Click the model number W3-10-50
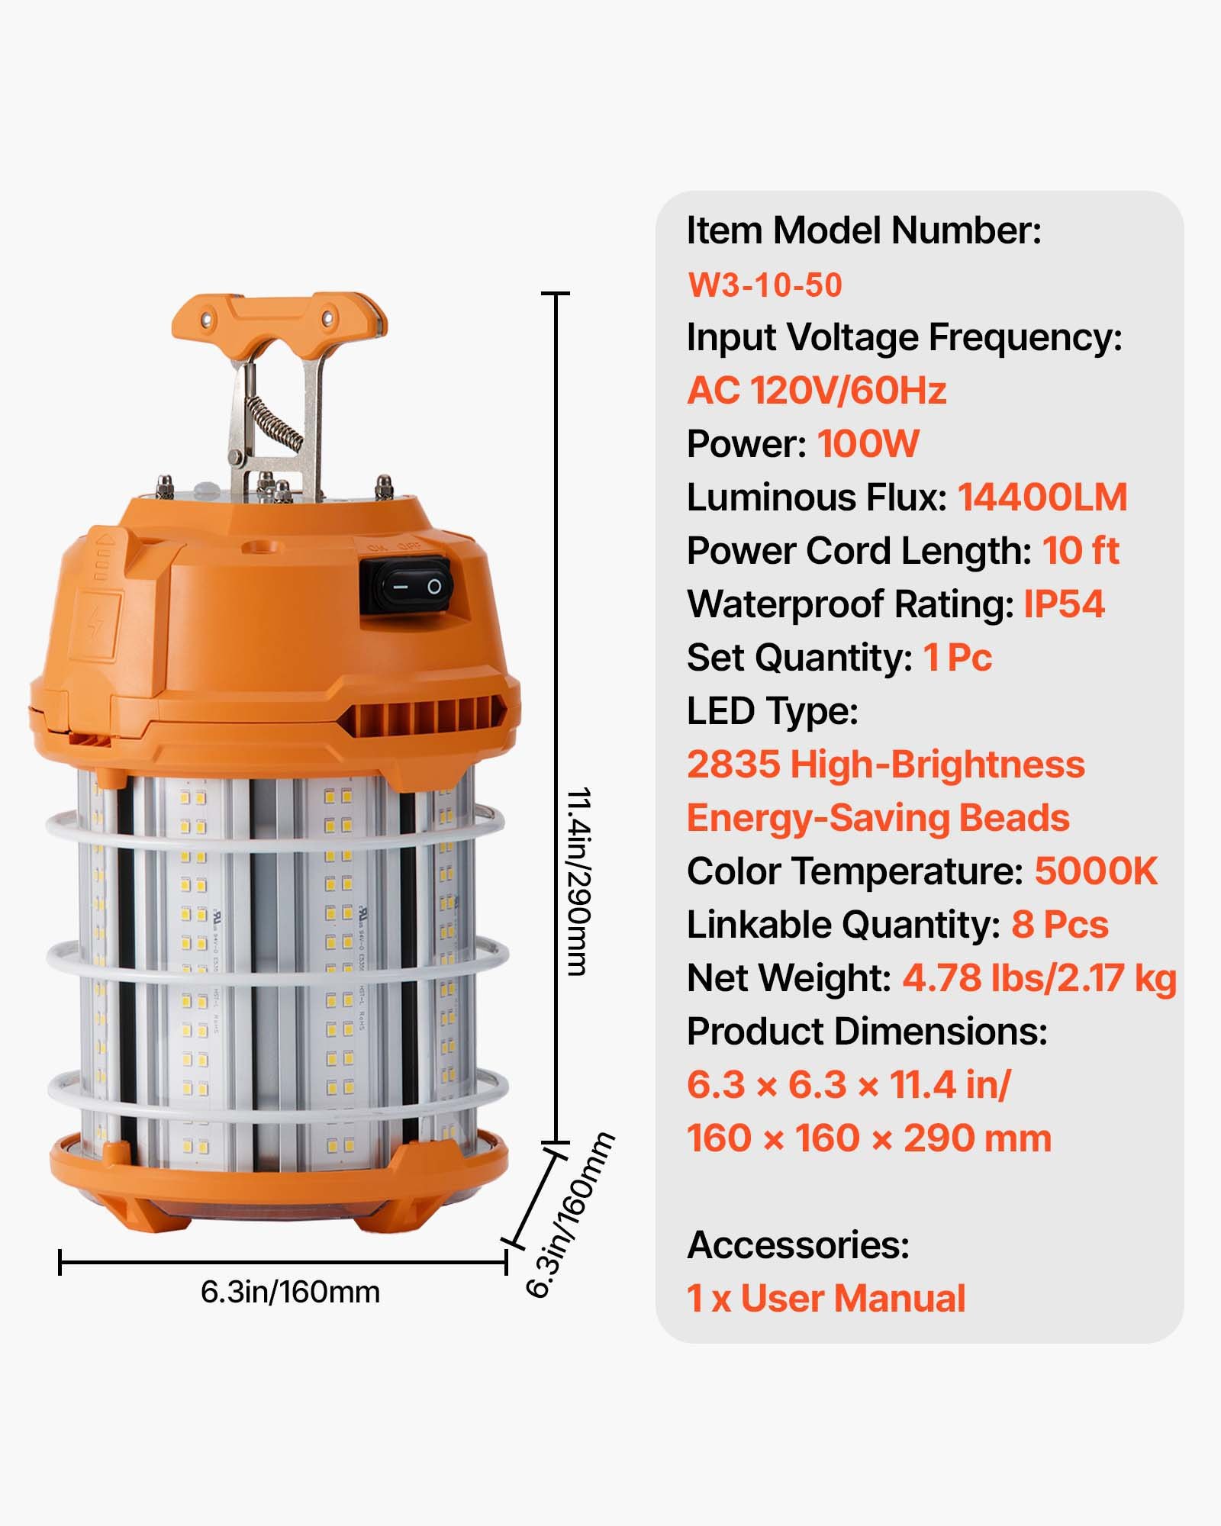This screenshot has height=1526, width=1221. click(765, 285)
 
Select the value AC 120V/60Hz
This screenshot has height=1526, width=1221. click(817, 391)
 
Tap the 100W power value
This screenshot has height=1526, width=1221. click(868, 444)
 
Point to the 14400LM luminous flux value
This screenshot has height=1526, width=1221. click(1042, 497)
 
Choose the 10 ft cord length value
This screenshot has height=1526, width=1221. click(1081, 551)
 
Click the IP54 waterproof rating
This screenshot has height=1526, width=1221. click(1064, 604)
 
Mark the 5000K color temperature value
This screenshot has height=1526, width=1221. click(1096, 871)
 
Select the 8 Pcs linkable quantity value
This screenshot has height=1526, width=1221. click(1059, 925)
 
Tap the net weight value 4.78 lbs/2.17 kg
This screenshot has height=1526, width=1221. click(1039, 978)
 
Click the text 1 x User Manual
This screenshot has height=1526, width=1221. click(826, 1299)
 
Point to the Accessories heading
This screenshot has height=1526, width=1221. click(798, 1245)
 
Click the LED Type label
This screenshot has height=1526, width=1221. click(772, 711)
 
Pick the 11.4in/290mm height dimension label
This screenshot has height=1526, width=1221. click(578, 881)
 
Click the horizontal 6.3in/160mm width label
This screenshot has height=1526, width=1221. click(290, 1293)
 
